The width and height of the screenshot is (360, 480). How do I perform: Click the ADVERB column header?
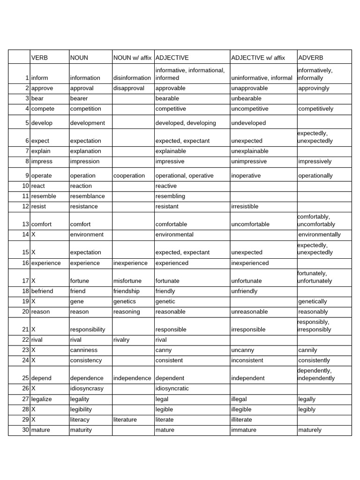(311, 58)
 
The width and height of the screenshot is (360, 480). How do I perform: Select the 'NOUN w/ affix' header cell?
(133, 58)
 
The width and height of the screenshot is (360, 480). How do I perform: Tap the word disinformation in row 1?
(133, 78)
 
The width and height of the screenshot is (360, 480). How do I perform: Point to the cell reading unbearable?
(246, 98)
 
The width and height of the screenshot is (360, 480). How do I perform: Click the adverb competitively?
(315, 109)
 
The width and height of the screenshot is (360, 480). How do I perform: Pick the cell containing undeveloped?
(248, 123)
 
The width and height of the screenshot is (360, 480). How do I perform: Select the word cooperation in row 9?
(129, 176)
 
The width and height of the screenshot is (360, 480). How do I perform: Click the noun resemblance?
(87, 196)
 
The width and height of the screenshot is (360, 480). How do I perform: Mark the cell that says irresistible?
(245, 206)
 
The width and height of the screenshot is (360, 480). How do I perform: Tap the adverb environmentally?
(319, 234)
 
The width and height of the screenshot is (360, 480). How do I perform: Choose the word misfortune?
(128, 281)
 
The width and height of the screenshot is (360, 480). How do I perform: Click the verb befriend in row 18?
(42, 291)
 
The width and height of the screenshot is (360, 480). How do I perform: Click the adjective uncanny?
(243, 350)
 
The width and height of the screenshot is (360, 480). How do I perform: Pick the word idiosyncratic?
(172, 389)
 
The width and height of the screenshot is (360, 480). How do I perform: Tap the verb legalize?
(42, 399)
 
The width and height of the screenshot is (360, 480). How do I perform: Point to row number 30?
(25, 430)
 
